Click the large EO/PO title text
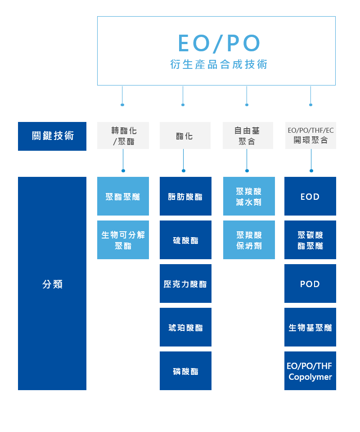tap(219, 43)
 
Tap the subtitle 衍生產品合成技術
tap(219, 65)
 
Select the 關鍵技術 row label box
tap(52, 136)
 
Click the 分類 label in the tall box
tap(52, 284)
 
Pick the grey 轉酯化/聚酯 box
tap(123, 135)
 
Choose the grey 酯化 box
tap(185, 135)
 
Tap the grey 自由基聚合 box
tap(247, 135)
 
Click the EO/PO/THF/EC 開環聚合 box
tap(310, 135)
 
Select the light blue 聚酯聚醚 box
tap(123, 197)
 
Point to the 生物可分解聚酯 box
tap(123, 240)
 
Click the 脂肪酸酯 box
tap(185, 197)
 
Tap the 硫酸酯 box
tap(185, 240)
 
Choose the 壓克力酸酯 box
tap(185, 284)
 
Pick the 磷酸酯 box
tap(185, 371)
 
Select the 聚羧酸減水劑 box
tap(249, 197)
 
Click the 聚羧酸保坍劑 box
tap(249, 240)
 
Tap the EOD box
tap(310, 197)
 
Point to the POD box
tap(310, 284)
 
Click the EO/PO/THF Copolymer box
tap(310, 371)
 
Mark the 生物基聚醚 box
tap(310, 328)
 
